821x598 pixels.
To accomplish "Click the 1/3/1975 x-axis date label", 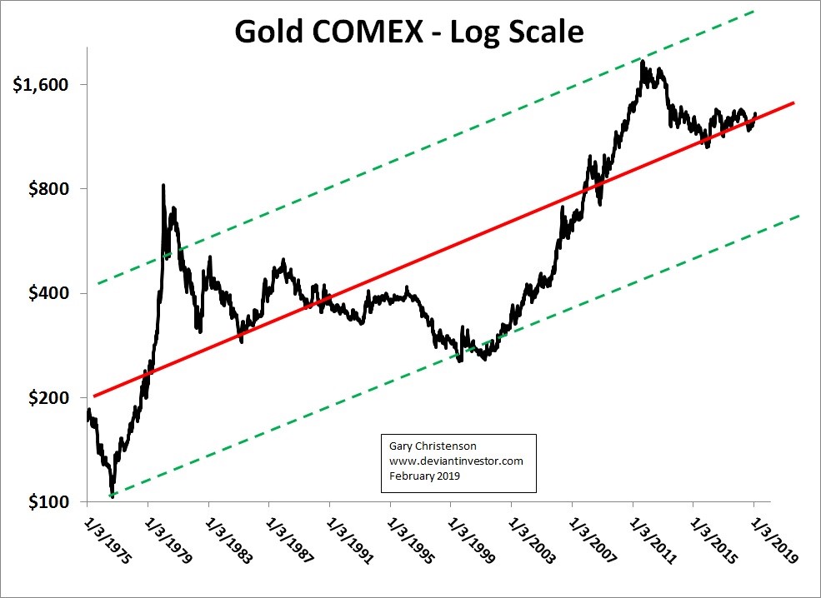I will point(108,540).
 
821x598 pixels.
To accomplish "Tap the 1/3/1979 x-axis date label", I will point(168,540).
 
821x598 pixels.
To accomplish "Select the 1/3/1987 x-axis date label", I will point(289,540).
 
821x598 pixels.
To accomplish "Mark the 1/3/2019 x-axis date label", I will point(773,540).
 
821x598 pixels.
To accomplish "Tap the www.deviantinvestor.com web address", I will point(456,461).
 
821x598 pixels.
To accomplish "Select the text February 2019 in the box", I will point(425,476).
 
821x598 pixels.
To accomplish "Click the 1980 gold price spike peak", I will point(163,186).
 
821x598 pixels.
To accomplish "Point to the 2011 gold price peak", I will point(643,62).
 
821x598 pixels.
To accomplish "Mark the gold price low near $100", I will point(112,496).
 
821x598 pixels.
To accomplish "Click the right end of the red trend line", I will point(793,102).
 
